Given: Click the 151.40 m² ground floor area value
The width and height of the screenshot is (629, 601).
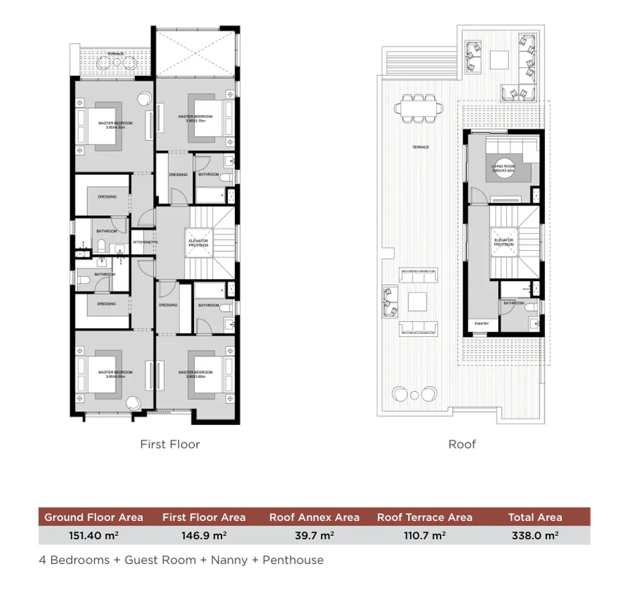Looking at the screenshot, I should pyautogui.click(x=93, y=535).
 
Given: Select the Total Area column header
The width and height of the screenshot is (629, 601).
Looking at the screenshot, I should pyautogui.click(x=535, y=517).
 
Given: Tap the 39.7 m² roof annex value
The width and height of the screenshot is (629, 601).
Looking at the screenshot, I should pyautogui.click(x=314, y=535).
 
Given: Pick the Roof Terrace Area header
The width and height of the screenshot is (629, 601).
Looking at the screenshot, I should pyautogui.click(x=424, y=517).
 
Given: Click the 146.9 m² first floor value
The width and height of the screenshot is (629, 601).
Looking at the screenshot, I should pyautogui.click(x=203, y=535).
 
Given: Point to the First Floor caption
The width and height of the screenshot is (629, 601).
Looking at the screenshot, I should pyautogui.click(x=170, y=444).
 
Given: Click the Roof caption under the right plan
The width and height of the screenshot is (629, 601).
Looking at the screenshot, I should pyautogui.click(x=462, y=444).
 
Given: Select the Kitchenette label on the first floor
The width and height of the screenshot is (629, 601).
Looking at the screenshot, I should pyautogui.click(x=144, y=242).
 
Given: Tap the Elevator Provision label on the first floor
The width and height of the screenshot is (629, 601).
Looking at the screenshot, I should pyautogui.click(x=198, y=243).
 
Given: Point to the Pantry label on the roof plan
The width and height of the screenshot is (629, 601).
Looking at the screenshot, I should pyautogui.click(x=481, y=324).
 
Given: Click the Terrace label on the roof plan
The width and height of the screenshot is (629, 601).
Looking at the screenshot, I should pyautogui.click(x=421, y=147).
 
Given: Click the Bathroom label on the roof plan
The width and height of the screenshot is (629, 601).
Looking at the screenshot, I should pyautogui.click(x=514, y=303).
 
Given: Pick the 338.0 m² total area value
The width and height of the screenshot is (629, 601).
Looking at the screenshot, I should pyautogui.click(x=535, y=535).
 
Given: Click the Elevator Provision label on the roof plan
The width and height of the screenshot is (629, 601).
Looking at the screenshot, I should pyautogui.click(x=503, y=243).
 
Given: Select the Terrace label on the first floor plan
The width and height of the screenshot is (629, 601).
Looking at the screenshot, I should pyautogui.click(x=115, y=52).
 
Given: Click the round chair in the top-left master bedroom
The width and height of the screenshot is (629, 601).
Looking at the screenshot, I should pyautogui.click(x=144, y=98).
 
